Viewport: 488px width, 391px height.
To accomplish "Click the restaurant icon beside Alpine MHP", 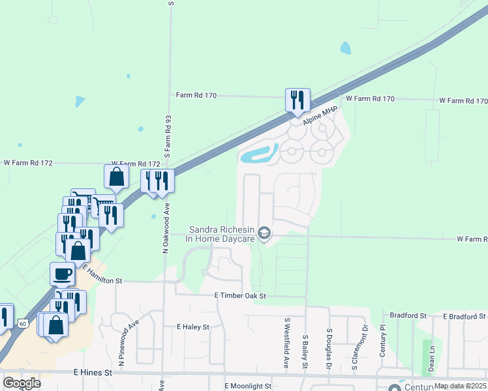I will point(297,100).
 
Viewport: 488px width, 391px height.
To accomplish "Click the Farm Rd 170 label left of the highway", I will point(196,94).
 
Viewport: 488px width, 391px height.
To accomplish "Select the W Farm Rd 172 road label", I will point(136,163).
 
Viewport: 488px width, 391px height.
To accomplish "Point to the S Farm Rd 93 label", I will point(168,138).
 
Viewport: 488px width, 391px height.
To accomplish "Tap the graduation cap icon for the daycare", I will point(264,233).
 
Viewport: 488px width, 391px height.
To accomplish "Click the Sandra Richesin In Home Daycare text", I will point(221,234).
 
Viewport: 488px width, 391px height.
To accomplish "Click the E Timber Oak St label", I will point(241,296).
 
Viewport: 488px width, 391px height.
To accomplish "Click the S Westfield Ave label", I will point(286,343).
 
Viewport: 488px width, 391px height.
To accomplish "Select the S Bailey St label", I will point(305,351).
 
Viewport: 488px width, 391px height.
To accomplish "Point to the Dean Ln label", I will point(431,358).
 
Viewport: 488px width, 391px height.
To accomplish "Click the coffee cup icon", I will point(63,274).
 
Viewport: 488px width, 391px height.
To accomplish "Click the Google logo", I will point(21,383).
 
